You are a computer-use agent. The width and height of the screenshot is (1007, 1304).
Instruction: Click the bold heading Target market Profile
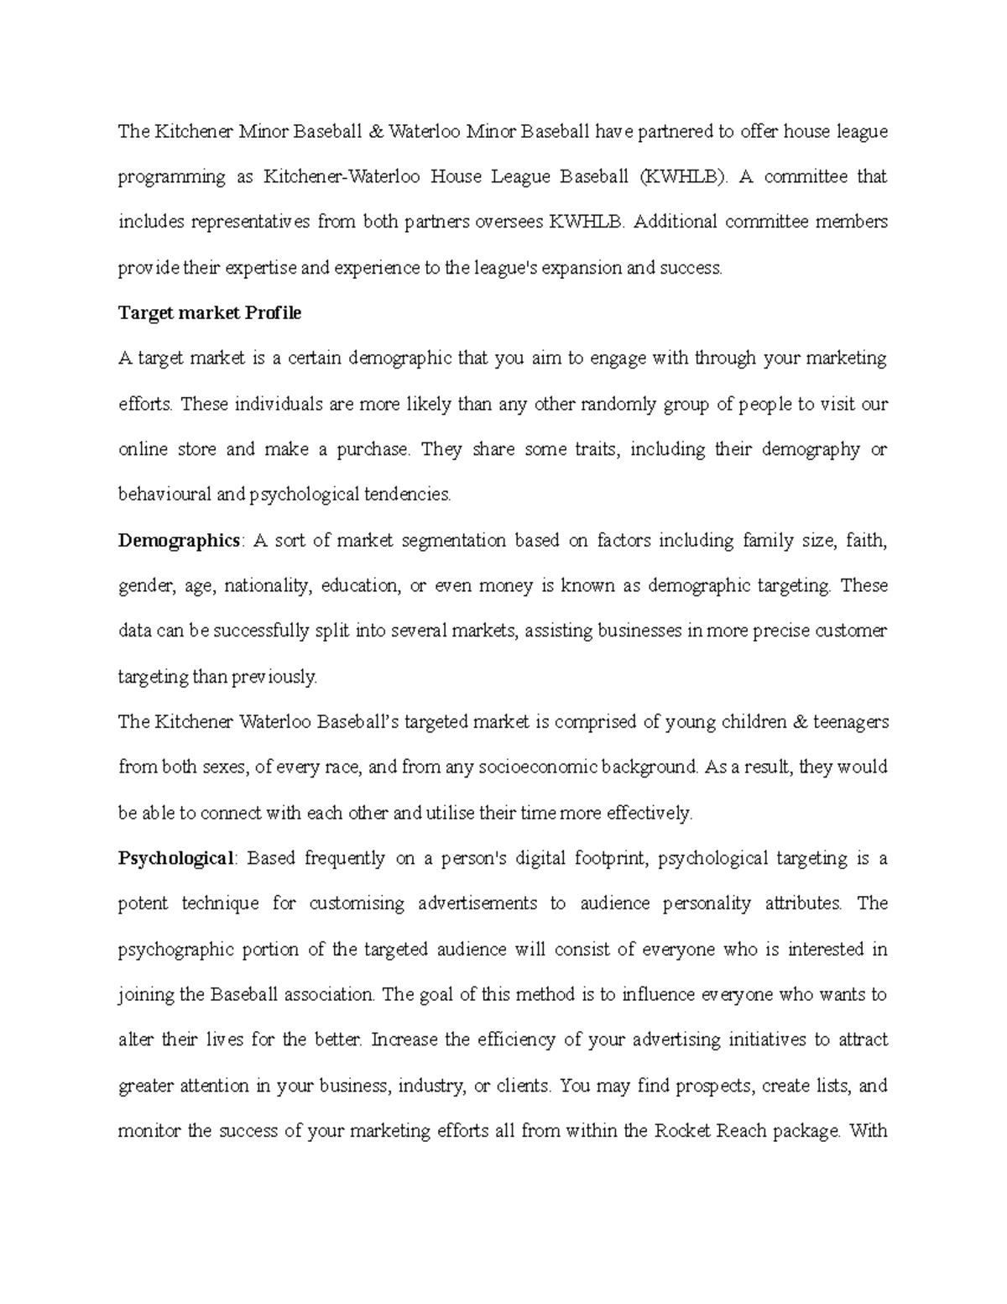click(209, 313)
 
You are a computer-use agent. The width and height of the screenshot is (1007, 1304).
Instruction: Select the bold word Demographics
click(179, 540)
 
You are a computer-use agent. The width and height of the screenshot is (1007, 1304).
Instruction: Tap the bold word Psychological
click(177, 858)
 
